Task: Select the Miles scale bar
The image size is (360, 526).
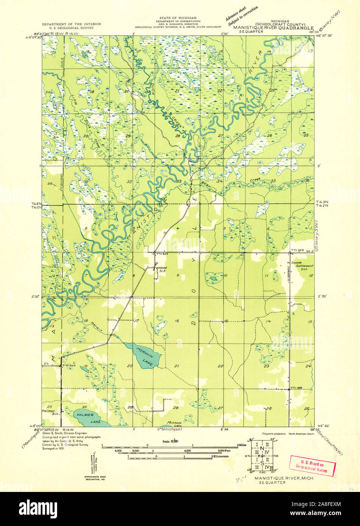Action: tap(170, 447)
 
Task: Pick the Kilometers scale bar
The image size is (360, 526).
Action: tap(170, 458)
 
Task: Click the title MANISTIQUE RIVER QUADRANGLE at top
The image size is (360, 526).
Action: tap(273, 28)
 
